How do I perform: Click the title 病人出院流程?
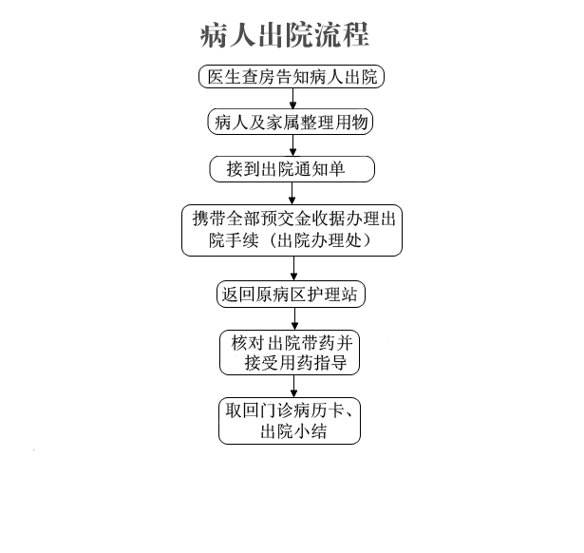pyautogui.click(x=285, y=35)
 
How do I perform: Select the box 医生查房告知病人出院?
pyautogui.click(x=292, y=76)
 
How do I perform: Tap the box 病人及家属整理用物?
pyautogui.click(x=291, y=122)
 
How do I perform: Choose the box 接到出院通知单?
pyautogui.click(x=292, y=169)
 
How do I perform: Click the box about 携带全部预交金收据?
pyautogui.click(x=292, y=230)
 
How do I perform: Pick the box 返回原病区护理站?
pyautogui.click(x=291, y=294)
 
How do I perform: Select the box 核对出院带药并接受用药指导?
pyautogui.click(x=290, y=353)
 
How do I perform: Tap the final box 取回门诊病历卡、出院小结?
pyautogui.click(x=290, y=421)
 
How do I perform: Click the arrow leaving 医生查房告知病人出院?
pyautogui.click(x=292, y=99)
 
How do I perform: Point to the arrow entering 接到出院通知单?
pyautogui.click(x=292, y=145)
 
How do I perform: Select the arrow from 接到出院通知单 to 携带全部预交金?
pyautogui.click(x=292, y=194)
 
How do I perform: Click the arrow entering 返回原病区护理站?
pyautogui.click(x=293, y=268)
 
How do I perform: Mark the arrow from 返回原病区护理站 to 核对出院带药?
pyautogui.click(x=294, y=318)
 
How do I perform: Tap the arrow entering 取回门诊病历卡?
pyautogui.click(x=293, y=386)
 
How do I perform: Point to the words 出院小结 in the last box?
pyautogui.click(x=293, y=431)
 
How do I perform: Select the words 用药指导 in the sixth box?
pyautogui.click(x=313, y=363)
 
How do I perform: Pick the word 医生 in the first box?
pyautogui.click(x=223, y=77)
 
